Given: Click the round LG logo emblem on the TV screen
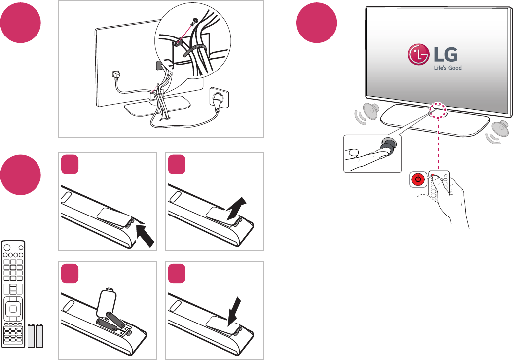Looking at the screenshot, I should coord(418,56).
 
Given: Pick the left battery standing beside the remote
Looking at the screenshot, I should coord(32,336).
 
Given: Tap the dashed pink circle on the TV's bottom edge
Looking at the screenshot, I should coord(438,110).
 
